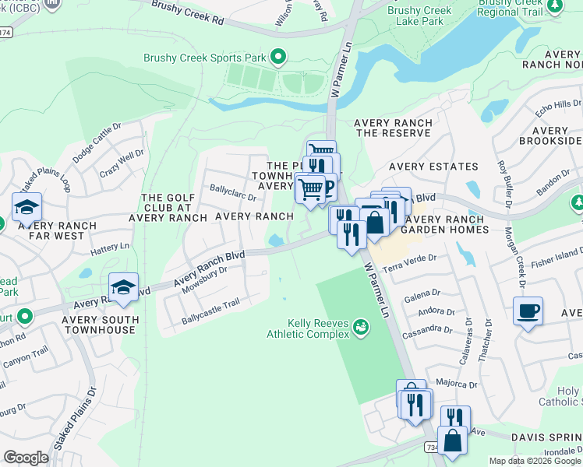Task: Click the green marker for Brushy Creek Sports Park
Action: click(x=277, y=57)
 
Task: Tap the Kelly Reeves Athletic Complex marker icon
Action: click(x=361, y=327)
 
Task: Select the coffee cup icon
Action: click(x=528, y=312)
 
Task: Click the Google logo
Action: click(x=26, y=458)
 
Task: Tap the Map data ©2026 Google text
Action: click(x=535, y=461)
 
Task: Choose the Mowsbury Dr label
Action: click(x=203, y=280)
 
